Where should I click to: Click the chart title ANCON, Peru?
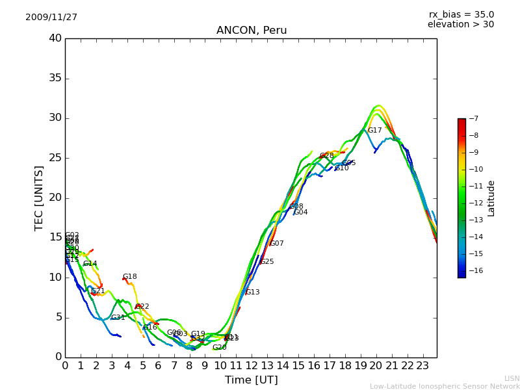click(x=251, y=31)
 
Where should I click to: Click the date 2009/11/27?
click(x=51, y=18)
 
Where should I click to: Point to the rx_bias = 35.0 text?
click(x=461, y=14)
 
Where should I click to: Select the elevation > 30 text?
click(x=460, y=25)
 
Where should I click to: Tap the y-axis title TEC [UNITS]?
click(x=39, y=198)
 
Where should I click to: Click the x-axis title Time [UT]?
click(x=251, y=380)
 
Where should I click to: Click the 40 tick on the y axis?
click(x=55, y=38)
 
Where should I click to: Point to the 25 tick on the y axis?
click(x=55, y=158)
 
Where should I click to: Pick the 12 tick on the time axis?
click(x=252, y=366)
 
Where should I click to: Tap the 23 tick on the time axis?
click(x=422, y=366)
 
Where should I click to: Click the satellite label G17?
click(x=374, y=131)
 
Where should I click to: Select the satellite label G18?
click(x=129, y=277)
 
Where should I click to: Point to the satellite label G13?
click(x=252, y=292)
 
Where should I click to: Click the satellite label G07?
click(x=276, y=244)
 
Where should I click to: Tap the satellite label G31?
click(x=118, y=318)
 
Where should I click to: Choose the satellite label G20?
click(x=219, y=348)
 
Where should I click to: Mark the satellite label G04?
click(x=300, y=213)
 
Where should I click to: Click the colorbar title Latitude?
click(x=491, y=198)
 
